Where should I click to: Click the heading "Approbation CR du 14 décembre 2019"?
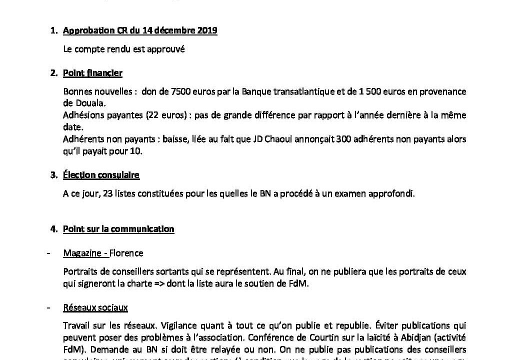click(x=140, y=30)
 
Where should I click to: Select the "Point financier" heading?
click(x=92, y=73)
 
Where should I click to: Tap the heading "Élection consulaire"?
click(x=101, y=175)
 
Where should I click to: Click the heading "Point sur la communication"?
click(x=118, y=229)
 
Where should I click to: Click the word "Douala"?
click(x=80, y=102)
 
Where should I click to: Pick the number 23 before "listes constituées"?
click(x=107, y=194)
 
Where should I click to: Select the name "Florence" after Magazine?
click(x=127, y=253)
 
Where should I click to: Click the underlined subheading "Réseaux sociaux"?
click(x=95, y=307)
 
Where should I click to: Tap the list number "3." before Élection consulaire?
click(x=53, y=175)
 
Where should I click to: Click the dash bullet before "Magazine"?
click(x=48, y=253)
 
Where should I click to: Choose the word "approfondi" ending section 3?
click(x=394, y=194)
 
